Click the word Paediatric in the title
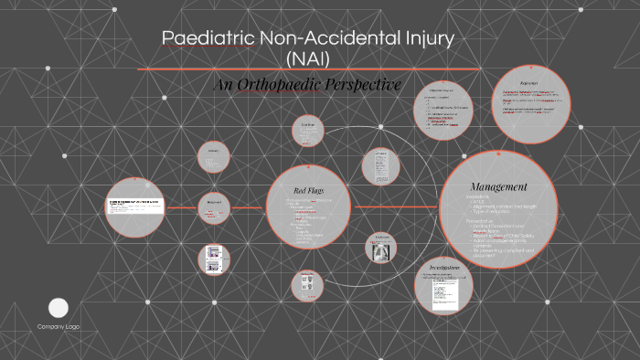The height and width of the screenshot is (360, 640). click(208, 38)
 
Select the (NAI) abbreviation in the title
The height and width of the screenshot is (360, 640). click(307, 59)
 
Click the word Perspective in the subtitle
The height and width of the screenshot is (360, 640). click(367, 85)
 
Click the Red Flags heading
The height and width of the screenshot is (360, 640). click(307, 189)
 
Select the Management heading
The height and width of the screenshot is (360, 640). click(498, 186)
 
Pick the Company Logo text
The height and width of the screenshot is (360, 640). click(59, 326)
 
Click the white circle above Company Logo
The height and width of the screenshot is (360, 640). click(59, 308)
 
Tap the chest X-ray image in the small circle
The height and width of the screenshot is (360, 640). click(379, 248)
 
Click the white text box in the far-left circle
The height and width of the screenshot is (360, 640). click(135, 206)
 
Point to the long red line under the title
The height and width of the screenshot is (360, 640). click(308, 69)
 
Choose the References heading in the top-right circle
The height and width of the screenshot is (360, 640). click(528, 83)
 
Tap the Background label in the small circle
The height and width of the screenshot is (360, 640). click(214, 203)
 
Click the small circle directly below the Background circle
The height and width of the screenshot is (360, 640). click(214, 259)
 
